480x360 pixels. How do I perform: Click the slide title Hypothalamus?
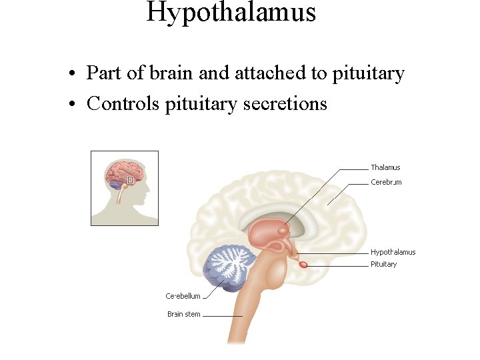click(x=231, y=12)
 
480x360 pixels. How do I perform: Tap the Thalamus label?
click(x=385, y=167)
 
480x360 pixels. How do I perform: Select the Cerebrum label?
click(x=386, y=182)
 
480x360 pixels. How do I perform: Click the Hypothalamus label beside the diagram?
click(x=393, y=252)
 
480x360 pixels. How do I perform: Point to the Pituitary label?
click(x=383, y=264)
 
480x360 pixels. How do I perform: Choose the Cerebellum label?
click(x=183, y=296)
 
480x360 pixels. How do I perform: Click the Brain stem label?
click(x=183, y=314)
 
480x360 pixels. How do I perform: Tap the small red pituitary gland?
click(x=303, y=265)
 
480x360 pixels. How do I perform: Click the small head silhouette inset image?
click(x=125, y=188)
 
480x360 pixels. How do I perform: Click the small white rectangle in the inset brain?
click(x=131, y=179)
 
